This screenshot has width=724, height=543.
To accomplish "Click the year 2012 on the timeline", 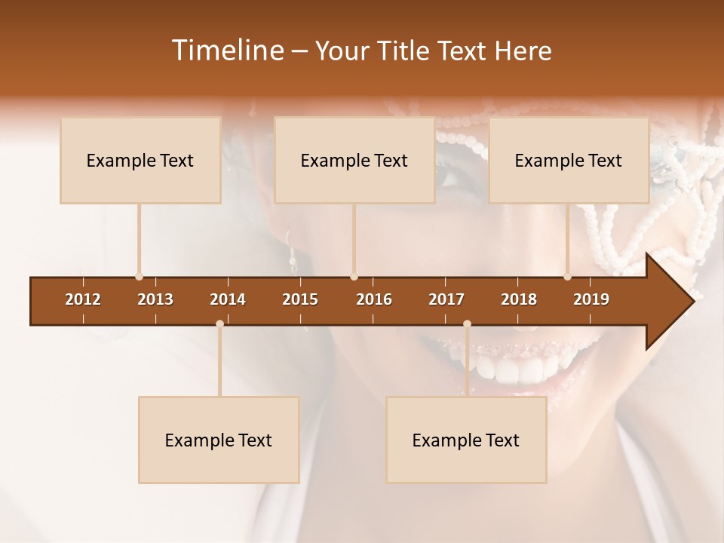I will [x=83, y=299].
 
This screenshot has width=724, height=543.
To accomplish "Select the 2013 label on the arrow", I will [x=155, y=299].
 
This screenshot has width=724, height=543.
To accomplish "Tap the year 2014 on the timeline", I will [x=228, y=299].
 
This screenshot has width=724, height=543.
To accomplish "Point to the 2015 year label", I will [x=300, y=299].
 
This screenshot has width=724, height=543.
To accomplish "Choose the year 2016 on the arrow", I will [x=374, y=299].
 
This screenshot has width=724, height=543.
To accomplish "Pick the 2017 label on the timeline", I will [x=446, y=299].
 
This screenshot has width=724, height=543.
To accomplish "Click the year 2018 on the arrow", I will [x=519, y=299].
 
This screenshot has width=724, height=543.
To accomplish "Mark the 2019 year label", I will [x=591, y=299].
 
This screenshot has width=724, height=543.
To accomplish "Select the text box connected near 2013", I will [x=140, y=161].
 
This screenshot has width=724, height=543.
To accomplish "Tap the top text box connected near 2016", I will [x=354, y=161].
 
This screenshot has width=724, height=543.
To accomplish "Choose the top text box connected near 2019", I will [x=569, y=161].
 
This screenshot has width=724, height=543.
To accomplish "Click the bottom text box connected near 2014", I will [x=219, y=440].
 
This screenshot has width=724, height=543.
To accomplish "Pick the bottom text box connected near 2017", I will [x=466, y=440].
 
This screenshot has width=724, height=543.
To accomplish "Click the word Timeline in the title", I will [x=226, y=51].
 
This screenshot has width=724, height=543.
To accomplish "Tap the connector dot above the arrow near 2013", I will [x=139, y=277].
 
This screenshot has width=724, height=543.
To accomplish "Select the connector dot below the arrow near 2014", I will [x=219, y=324].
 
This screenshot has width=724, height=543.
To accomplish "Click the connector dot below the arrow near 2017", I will [x=467, y=324].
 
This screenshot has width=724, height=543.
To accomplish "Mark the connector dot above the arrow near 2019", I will [x=567, y=277].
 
